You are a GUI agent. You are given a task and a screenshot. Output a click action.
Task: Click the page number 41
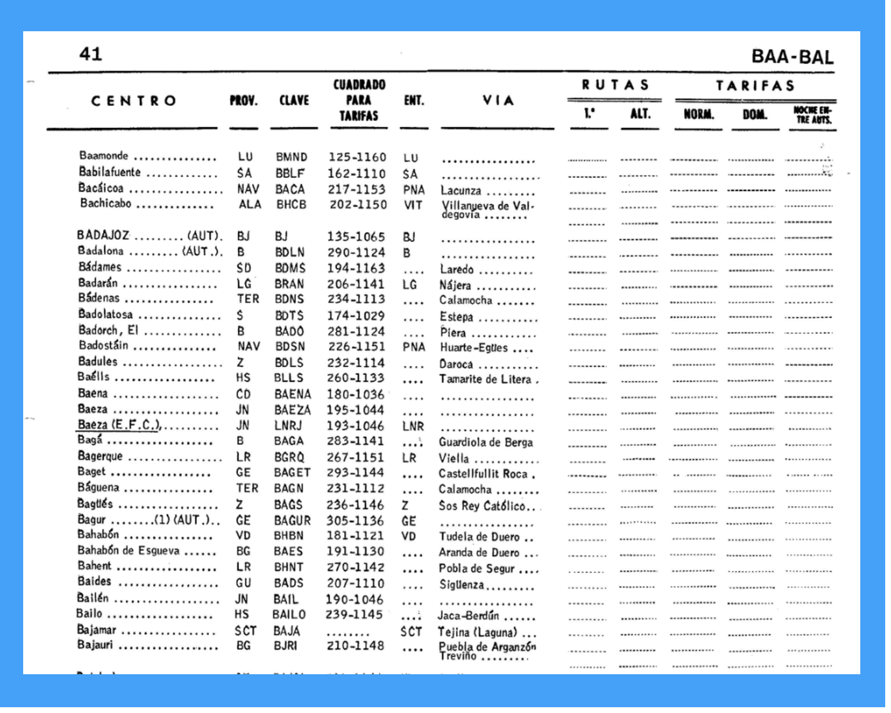pos(90,54)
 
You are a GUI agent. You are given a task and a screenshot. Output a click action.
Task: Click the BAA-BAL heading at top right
pos(792,57)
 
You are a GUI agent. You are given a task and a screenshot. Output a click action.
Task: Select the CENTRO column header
pos(134,101)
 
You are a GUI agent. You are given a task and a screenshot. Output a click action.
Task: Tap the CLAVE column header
pos(294,101)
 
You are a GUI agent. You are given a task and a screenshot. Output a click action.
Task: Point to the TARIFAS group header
pos(755,86)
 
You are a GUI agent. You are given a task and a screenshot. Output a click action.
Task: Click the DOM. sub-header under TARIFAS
pos(754,115)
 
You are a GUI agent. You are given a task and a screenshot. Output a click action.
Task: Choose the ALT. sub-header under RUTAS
pos(640,113)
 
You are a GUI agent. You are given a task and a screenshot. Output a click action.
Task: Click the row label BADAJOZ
pos(103,235)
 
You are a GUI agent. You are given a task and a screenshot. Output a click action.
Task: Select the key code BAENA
pos(293,395)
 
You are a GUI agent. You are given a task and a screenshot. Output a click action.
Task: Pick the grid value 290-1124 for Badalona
pos(356,253)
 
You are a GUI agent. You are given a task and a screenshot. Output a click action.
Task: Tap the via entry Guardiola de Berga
pos(485,443)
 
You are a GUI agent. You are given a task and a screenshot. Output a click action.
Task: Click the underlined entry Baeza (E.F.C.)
pos(118,425)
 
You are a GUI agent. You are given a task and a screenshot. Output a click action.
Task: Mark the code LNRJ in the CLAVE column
pos(289,426)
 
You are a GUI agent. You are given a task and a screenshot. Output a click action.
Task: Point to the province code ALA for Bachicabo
pos(250,205)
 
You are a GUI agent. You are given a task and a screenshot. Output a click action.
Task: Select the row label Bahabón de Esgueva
pos(129,550)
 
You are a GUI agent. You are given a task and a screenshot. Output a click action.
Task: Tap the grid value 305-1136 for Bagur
pos(355,521)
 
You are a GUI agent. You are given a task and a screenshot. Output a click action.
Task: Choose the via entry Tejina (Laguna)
pos(477,633)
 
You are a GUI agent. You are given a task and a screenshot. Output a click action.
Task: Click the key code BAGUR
pos(292,521)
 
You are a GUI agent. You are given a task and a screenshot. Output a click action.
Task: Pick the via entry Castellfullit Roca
pos(483,474)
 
